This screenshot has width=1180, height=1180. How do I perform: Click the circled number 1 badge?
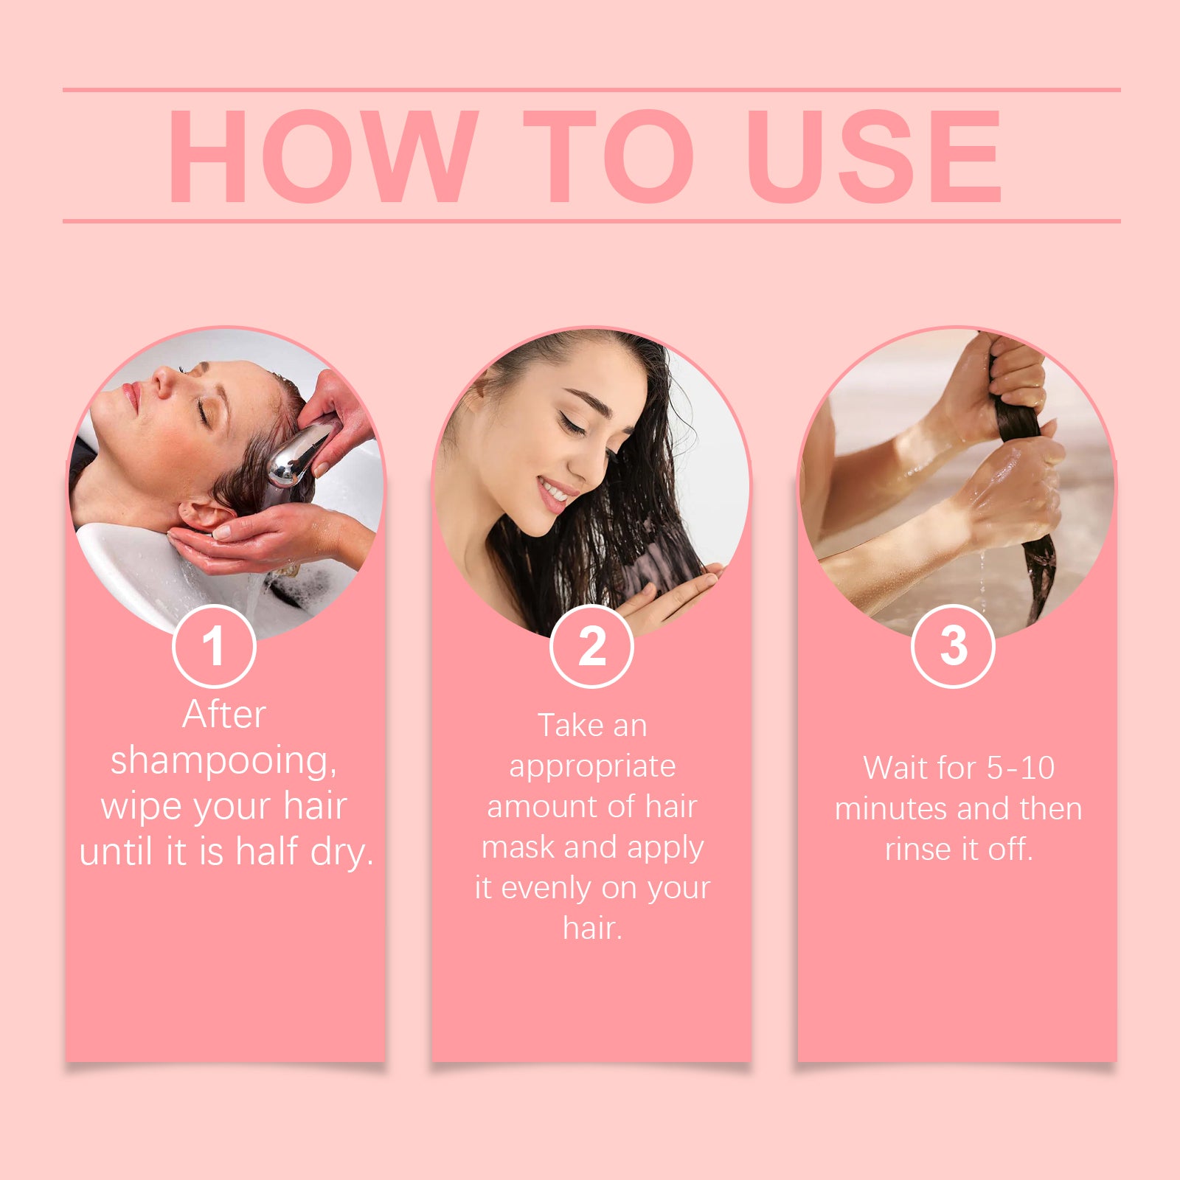coord(214,646)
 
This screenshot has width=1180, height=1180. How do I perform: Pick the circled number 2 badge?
coord(591,646)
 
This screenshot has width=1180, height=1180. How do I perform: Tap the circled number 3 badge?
coord(953,646)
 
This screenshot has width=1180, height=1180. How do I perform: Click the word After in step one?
coord(224,714)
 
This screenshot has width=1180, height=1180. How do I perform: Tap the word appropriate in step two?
coord(592,768)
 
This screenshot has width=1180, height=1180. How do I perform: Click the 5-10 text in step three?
coord(1021,768)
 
